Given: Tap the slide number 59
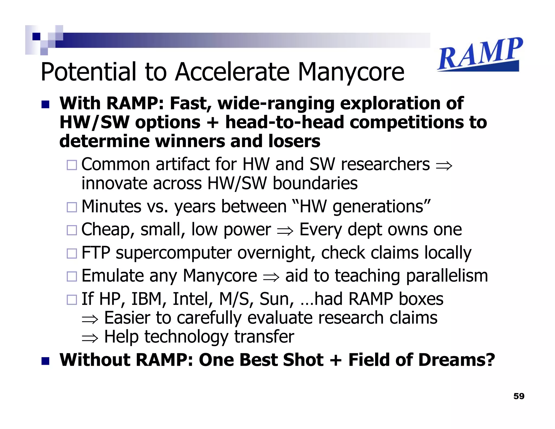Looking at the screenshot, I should [519, 396].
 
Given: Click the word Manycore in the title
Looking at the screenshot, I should [351, 72].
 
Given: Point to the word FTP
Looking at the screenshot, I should [96, 253].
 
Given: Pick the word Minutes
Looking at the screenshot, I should [111, 207].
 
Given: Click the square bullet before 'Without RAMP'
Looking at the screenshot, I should [46, 361].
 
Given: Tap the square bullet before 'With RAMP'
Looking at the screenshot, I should [46, 104].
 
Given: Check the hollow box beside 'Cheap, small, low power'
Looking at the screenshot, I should [72, 230].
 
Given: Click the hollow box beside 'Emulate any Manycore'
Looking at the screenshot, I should [72, 276].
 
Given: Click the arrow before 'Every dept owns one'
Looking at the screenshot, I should [285, 231].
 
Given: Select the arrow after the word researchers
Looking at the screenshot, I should [444, 165].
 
